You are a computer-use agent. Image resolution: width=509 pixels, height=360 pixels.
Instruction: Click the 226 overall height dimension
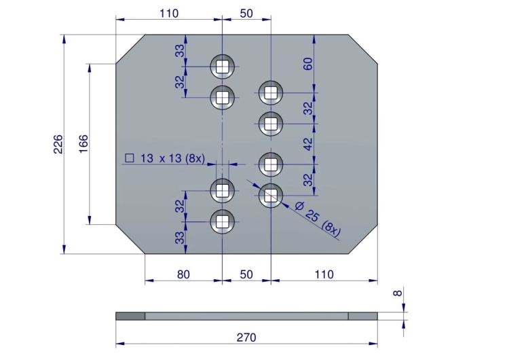58,144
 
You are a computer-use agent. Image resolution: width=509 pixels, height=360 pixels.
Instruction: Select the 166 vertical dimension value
83,144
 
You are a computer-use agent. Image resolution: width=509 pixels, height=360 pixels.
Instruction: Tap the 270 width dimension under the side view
246,338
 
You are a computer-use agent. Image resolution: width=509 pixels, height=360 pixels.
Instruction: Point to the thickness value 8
397,293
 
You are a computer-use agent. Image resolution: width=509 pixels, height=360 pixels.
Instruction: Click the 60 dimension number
308,64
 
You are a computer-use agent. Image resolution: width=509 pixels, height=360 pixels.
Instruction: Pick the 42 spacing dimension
308,144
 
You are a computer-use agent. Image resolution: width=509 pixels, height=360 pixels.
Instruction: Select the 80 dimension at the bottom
183,274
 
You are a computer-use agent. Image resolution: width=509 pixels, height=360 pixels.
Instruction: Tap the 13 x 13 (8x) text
172,158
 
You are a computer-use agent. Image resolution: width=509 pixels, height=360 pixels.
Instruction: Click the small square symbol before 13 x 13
130,158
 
